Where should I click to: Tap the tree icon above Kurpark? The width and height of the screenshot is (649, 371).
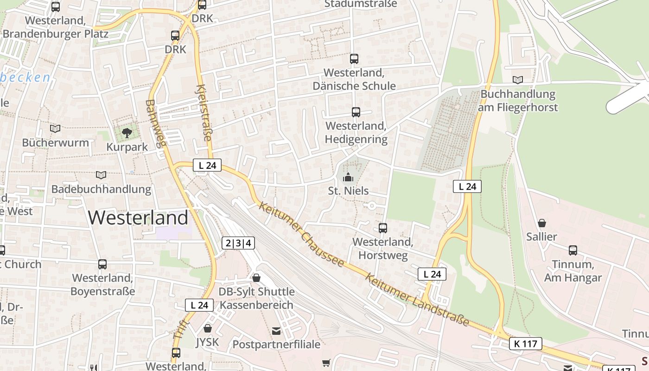pos(127,134)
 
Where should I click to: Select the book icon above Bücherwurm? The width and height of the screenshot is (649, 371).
pos(55,128)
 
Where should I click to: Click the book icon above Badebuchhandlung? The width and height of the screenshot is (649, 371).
pos(101,175)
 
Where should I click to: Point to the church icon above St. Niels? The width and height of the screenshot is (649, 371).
pos(348,177)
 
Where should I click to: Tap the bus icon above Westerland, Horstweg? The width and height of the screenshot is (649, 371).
pos(383,228)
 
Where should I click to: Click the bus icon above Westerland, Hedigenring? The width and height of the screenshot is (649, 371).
pos(356,112)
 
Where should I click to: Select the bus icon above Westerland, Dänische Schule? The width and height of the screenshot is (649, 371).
pos(354,59)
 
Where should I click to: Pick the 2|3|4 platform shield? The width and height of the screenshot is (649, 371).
pos(239,243)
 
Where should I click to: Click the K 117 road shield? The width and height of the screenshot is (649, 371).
pos(526,344)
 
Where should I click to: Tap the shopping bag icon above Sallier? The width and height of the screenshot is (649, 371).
pos(541,223)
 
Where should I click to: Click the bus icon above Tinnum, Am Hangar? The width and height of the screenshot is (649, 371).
pos(573,250)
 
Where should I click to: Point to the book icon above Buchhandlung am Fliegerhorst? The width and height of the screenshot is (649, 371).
pos(518,80)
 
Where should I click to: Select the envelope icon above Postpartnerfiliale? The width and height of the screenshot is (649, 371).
pos(276,331)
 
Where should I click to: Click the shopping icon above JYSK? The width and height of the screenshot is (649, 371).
pos(207,328)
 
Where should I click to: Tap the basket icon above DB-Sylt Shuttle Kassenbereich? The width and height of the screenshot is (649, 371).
pos(256,277)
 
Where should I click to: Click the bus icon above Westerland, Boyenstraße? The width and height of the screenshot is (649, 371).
pos(102,264)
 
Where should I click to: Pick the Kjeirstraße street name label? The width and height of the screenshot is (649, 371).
pos(204,113)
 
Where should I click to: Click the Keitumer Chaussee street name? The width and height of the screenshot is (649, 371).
pos(301,234)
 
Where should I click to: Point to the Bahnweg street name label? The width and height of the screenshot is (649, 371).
pos(156,123)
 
